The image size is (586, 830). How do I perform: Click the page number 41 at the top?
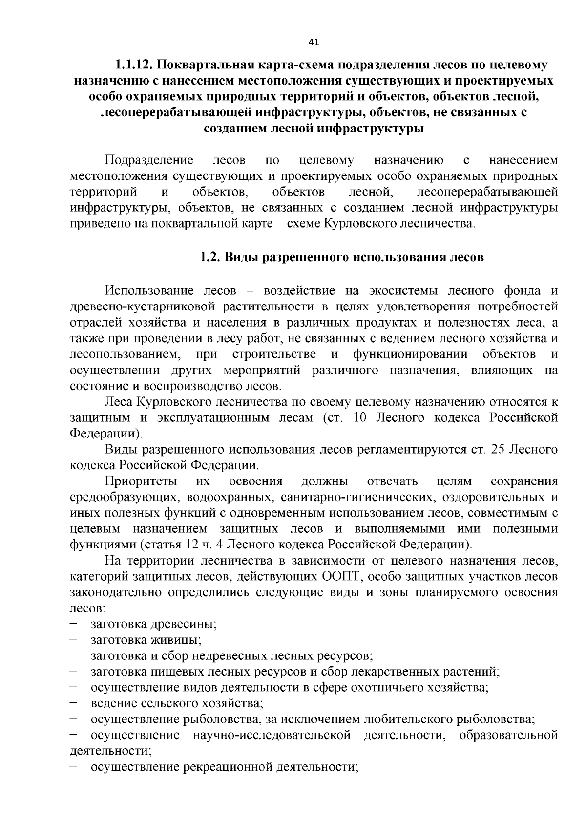pyautogui.click(x=314, y=43)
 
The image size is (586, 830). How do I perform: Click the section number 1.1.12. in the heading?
pyautogui.click(x=134, y=65)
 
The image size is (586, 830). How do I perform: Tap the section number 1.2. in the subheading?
pyautogui.click(x=210, y=257)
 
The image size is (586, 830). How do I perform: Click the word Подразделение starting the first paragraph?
pyautogui.click(x=149, y=160)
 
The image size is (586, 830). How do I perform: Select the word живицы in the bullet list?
pyautogui.click(x=180, y=640)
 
